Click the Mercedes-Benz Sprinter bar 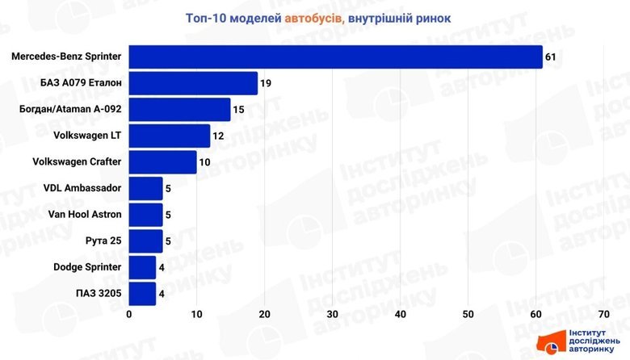335,57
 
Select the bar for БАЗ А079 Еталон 193,83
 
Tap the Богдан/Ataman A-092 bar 179,110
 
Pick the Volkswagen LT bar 170,136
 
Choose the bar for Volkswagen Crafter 162,162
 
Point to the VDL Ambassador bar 145,189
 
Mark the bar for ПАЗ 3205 142,294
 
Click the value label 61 551,57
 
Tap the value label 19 266,84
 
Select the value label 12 219,136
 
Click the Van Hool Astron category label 85,215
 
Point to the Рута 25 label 103,241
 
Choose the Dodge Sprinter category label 87,267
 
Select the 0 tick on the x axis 129,314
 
